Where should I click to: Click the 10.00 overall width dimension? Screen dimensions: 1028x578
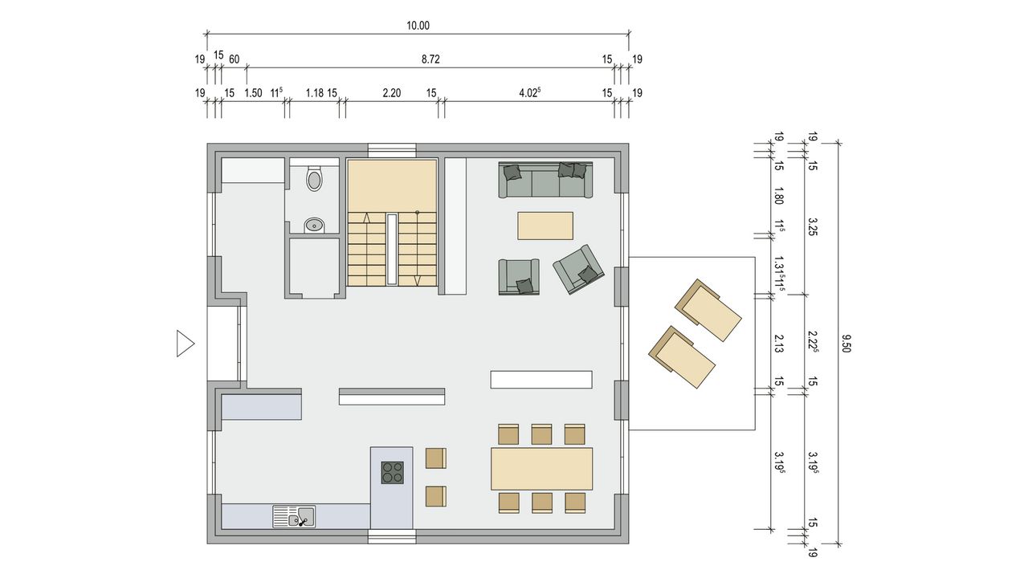(x=418, y=26)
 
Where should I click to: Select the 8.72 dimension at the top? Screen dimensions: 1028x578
(x=430, y=59)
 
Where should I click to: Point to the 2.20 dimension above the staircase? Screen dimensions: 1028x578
(x=391, y=93)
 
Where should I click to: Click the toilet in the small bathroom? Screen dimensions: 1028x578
(x=314, y=179)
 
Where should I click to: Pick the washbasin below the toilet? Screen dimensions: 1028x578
(x=314, y=226)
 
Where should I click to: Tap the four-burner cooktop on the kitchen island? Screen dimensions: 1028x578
(x=393, y=473)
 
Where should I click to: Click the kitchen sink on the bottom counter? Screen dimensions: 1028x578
(x=294, y=516)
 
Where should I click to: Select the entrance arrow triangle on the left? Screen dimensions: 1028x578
(x=186, y=344)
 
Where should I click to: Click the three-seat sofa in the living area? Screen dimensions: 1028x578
(x=545, y=180)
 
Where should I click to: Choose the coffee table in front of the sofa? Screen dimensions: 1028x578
(x=545, y=226)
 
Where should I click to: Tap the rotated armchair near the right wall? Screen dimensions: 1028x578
(x=578, y=270)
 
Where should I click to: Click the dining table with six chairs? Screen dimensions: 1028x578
(x=541, y=469)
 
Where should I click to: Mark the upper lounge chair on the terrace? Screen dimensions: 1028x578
(x=708, y=310)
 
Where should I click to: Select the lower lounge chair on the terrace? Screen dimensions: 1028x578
(x=682, y=357)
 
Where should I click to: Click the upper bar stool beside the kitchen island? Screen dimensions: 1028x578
(x=435, y=458)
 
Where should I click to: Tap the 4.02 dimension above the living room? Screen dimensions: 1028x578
(x=529, y=92)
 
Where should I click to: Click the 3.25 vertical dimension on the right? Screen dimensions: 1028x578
(x=811, y=227)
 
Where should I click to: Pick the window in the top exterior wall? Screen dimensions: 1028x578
(x=392, y=150)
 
